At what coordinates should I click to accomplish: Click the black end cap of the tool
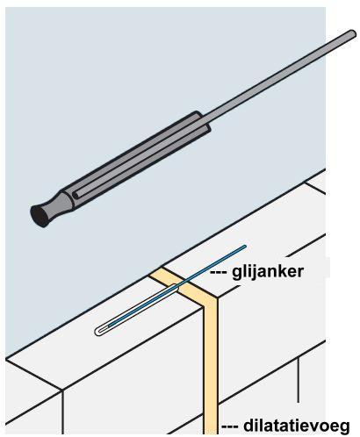pyautogui.click(x=40, y=216)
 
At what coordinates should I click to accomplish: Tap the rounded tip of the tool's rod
pyautogui.click(x=352, y=34)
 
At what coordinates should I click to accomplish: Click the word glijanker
pyautogui.click(x=268, y=272)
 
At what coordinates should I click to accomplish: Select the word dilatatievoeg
pyautogui.click(x=296, y=426)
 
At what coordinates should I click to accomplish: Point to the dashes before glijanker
pyautogui.click(x=219, y=273)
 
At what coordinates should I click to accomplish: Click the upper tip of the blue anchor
pyautogui.click(x=245, y=247)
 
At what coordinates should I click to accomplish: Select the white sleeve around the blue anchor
pyautogui.click(x=137, y=310)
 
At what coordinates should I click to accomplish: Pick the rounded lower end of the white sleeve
pyautogui.click(x=97, y=332)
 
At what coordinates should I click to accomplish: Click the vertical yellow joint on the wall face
pyautogui.click(x=211, y=366)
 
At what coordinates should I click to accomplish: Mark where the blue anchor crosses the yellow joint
pyautogui.click(x=185, y=282)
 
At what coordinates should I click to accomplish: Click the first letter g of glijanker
pyautogui.click(x=236, y=274)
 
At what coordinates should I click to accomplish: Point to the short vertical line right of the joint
pyautogui.click(x=299, y=380)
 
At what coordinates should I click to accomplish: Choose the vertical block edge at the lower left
pyautogui.click(x=62, y=412)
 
